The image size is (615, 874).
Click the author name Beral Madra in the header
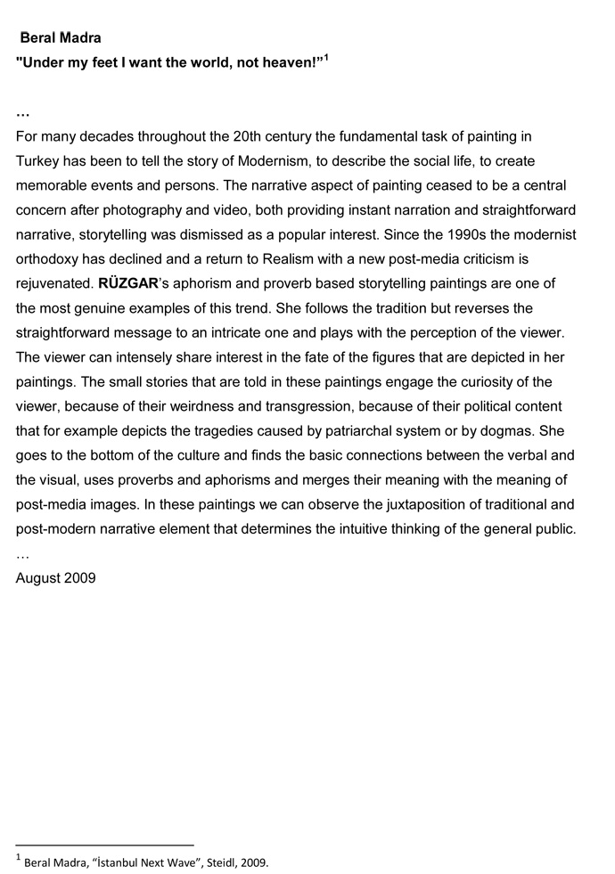point(60,37)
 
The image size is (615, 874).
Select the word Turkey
point(40,161)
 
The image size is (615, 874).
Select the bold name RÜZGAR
point(130,284)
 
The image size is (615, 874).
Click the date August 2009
point(55,578)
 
